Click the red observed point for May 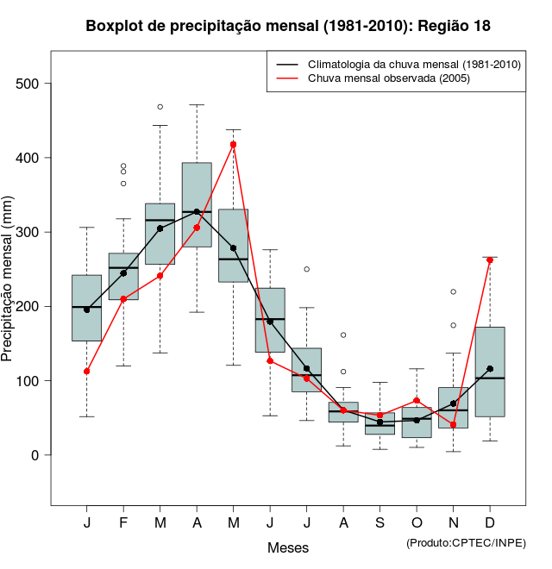[233, 144]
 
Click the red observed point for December [490, 259]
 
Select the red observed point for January [86, 371]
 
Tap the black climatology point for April [197, 211]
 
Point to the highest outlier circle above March [160, 107]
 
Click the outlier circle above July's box [306, 269]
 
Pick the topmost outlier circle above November [453, 291]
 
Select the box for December [490, 372]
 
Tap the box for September [379, 423]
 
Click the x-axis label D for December [490, 523]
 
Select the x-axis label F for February [123, 523]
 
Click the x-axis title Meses [287, 547]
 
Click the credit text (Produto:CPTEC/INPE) [466, 542]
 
